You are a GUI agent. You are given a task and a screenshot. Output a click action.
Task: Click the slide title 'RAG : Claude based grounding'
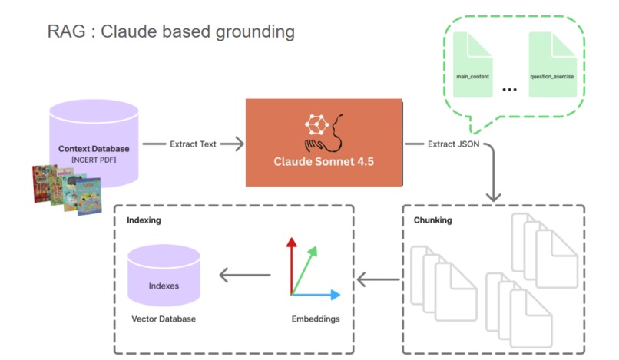[x=171, y=32]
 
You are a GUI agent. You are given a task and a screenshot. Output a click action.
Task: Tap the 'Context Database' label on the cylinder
[x=94, y=149]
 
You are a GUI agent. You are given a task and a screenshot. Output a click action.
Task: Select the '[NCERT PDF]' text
[x=94, y=160]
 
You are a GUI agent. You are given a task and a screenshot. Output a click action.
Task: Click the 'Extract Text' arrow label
[x=193, y=144]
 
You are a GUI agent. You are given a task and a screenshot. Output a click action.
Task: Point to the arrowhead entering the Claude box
[x=238, y=144]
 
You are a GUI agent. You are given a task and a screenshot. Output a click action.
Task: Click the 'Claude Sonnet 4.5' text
[x=324, y=161]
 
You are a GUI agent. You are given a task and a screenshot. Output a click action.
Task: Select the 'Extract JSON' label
[x=454, y=144]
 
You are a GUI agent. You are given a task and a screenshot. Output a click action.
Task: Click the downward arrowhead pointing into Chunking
[x=494, y=197]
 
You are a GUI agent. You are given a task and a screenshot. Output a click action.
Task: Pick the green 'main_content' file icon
[x=472, y=64]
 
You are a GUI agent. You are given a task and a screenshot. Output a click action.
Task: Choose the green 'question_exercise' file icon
[x=552, y=64]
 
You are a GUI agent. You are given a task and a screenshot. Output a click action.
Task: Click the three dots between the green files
[x=510, y=90]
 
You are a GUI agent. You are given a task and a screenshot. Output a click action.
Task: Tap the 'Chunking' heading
[x=432, y=220]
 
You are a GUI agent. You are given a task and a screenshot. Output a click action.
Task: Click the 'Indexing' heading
[x=144, y=220]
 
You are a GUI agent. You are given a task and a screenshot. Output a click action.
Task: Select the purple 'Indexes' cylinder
[x=164, y=275]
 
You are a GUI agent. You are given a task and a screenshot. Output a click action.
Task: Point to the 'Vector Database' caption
[x=164, y=319]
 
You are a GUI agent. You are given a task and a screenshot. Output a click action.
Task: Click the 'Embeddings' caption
[x=316, y=319]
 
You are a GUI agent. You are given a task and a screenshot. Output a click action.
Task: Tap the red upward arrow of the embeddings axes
[x=292, y=266]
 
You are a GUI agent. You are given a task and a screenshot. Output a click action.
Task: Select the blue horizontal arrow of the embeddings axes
[x=316, y=295]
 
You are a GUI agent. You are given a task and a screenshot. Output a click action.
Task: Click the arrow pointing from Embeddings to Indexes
[x=245, y=275]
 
